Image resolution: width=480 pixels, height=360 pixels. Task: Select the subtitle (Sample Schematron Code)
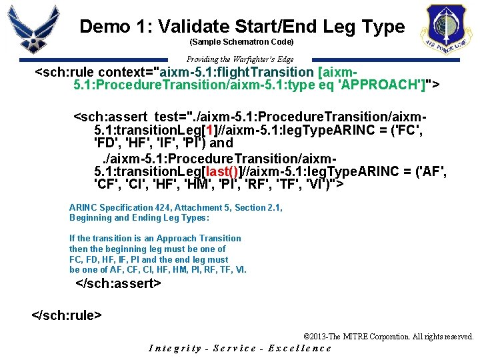[241, 42]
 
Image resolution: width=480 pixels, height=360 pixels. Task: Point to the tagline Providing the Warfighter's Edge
[240, 59]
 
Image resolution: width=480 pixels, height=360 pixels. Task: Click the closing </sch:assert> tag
[119, 283]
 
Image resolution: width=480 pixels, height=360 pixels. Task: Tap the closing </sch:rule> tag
[67, 313]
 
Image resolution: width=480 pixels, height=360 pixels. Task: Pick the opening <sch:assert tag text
[111, 117]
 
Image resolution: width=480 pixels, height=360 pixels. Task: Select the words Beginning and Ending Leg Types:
[139, 217]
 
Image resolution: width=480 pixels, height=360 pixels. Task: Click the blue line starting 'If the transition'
[155, 238]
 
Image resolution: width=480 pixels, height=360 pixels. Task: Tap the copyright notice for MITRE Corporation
[388, 337]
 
